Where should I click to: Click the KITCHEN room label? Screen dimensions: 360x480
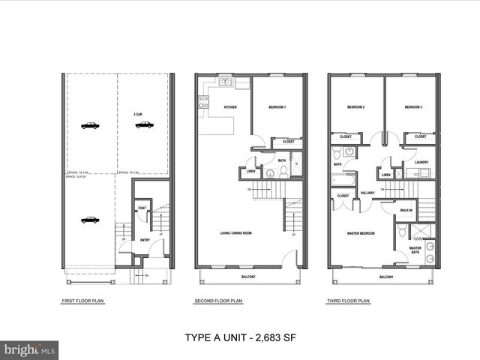click(x=230, y=108)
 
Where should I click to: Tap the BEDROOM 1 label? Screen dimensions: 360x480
click(x=277, y=108)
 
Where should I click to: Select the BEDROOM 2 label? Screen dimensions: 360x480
click(x=355, y=108)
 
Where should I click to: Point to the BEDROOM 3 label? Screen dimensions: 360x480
click(x=413, y=108)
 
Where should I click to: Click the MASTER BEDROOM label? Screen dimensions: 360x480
click(x=361, y=233)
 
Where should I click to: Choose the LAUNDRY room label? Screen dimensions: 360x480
click(x=421, y=162)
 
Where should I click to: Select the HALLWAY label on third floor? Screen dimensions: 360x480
click(x=367, y=193)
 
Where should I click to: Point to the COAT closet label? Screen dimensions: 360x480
click(x=142, y=208)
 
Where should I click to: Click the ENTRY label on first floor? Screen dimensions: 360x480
click(x=145, y=240)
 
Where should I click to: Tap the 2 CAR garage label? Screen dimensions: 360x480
click(x=139, y=114)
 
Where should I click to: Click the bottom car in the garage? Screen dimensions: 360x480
click(x=90, y=220)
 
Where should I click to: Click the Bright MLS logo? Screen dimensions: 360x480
click(x=30, y=349)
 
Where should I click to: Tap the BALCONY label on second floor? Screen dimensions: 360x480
click(x=248, y=277)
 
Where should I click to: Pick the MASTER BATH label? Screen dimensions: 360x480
click(x=415, y=250)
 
